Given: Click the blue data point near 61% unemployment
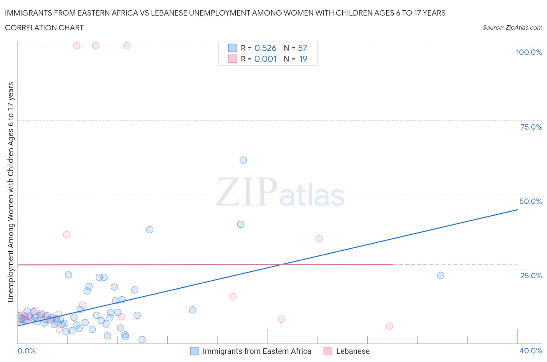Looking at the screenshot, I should coord(243,160).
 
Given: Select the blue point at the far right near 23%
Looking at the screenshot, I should coord(440,275).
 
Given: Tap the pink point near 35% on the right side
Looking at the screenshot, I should coord(319,239).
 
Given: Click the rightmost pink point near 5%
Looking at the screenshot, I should coord(389,326).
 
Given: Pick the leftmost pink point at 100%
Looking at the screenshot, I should coord(77,46).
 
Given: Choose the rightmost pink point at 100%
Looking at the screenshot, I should coord(127,46).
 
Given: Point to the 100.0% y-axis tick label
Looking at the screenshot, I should coord(529,52).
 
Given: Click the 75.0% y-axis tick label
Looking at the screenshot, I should coord(531,127).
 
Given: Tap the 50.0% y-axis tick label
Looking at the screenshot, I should coord(531,201).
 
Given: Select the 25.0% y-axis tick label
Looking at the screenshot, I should coord(531,276).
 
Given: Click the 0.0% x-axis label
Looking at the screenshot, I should coord(27,351).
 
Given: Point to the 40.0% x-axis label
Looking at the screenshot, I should coord(531,351).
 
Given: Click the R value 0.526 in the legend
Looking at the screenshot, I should coord(265,48).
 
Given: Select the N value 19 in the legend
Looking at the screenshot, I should coord(303,59).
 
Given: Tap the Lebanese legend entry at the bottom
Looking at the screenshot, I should coord(352,351).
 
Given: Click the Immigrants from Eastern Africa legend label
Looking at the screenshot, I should coord(257,351).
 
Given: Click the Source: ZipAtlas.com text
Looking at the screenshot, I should coord(512,28).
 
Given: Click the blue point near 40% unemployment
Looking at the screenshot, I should coord(241,224).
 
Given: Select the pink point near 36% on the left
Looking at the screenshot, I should coord(67,234).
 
